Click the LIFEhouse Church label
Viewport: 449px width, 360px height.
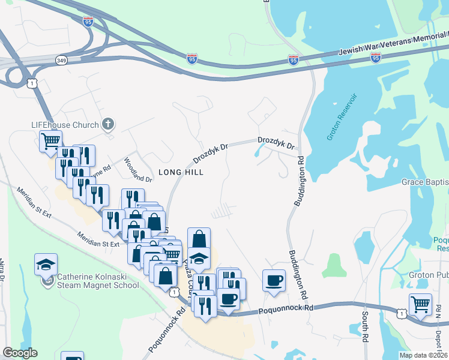(x=65, y=125)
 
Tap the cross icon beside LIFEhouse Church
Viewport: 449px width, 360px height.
(x=108, y=125)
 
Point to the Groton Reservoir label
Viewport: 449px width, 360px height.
(x=342, y=117)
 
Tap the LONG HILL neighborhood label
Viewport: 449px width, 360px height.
(x=181, y=172)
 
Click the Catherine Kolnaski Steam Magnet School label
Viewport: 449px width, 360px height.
(x=98, y=281)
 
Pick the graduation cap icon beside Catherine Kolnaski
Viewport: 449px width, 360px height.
(x=45, y=265)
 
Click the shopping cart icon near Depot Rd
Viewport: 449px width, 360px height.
(x=420, y=305)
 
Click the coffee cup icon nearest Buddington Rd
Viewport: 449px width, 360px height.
(x=274, y=281)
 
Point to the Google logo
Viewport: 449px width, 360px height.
(x=20, y=353)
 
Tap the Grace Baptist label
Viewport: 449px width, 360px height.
(x=425, y=182)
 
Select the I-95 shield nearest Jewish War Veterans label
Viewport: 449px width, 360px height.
(x=376, y=58)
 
